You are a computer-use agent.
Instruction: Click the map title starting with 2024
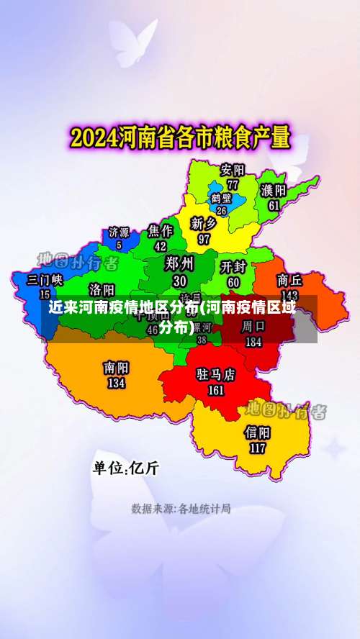click(x=179, y=136)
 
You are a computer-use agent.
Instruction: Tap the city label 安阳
click(x=233, y=171)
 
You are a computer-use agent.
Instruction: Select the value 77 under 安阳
click(x=233, y=184)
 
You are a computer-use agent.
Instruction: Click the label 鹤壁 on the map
click(x=221, y=198)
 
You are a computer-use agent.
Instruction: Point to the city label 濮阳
click(x=274, y=190)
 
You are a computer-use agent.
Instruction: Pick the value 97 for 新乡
click(x=204, y=238)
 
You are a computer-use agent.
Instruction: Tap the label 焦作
click(x=161, y=230)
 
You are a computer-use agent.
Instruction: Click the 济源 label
click(x=119, y=232)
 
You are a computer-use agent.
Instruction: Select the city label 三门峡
click(x=45, y=279)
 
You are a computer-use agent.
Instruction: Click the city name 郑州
click(x=179, y=262)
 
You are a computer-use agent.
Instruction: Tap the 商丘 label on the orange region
click(x=289, y=280)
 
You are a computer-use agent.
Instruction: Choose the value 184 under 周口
click(x=253, y=343)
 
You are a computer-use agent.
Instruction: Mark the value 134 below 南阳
click(x=116, y=383)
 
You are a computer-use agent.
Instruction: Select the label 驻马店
click(x=216, y=375)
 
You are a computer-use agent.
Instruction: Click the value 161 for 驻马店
click(x=216, y=390)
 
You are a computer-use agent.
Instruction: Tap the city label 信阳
click(x=258, y=432)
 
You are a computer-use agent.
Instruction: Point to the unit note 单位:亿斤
click(x=125, y=468)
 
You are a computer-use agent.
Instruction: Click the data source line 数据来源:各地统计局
click(x=181, y=509)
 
